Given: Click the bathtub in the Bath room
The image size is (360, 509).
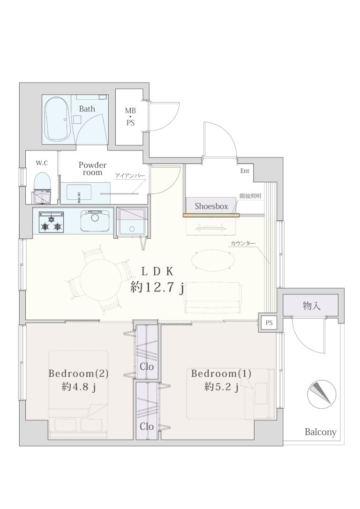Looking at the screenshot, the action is (x=58, y=119).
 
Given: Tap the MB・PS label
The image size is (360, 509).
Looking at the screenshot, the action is (x=130, y=117).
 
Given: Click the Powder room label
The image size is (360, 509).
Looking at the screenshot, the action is (x=92, y=168).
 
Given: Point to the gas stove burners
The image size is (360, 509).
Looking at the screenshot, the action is (x=51, y=222).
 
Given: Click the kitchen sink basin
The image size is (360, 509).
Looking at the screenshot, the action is (x=95, y=221).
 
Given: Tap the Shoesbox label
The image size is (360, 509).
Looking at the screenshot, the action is (x=211, y=206).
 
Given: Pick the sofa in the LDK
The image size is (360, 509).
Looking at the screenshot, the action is (x=213, y=298).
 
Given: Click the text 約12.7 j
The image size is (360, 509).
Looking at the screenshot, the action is (x=157, y=287).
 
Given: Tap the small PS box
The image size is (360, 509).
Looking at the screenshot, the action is (x=269, y=323).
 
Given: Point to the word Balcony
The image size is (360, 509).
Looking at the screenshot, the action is (x=321, y=432).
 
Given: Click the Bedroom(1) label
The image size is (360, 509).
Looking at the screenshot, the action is (x=221, y=374).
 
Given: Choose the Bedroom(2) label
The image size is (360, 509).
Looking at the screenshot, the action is (x=78, y=374).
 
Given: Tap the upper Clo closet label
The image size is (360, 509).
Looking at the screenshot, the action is (x=147, y=367).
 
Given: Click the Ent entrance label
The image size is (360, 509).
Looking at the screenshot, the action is (x=245, y=171).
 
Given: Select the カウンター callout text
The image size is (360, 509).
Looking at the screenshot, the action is (x=243, y=243).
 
